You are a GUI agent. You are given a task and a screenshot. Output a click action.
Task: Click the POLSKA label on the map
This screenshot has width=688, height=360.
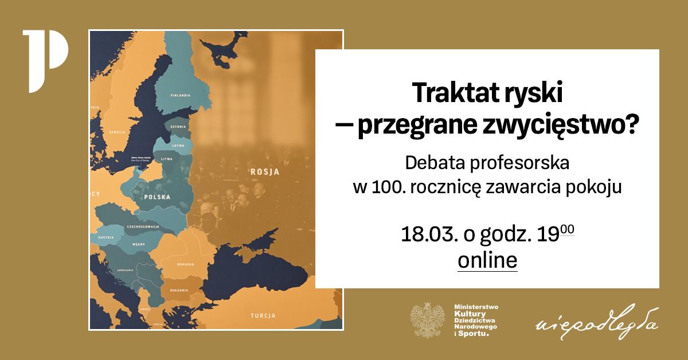click(x=158, y=197)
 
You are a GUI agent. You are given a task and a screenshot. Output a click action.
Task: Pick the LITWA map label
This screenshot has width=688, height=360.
click(x=167, y=159)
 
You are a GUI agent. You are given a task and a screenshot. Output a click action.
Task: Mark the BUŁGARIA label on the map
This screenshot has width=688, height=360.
click(x=179, y=291)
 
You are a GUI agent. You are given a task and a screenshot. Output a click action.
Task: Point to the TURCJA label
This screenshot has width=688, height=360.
click(x=264, y=316)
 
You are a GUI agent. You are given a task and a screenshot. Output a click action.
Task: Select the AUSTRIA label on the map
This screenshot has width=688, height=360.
click(x=105, y=237)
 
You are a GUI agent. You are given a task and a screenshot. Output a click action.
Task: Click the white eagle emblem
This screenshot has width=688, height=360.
click(x=427, y=321)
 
